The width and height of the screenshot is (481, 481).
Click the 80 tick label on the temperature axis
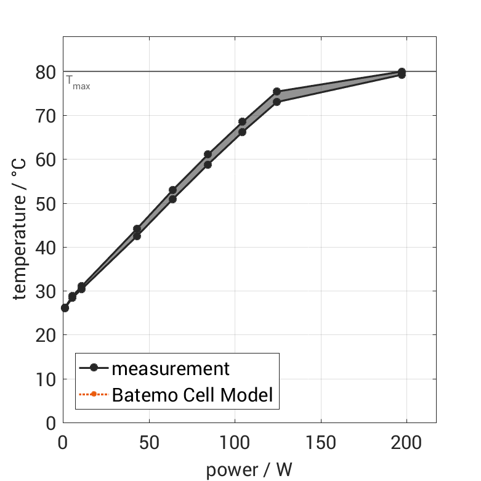tap(46, 72)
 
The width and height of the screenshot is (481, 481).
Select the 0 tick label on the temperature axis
tap(51, 423)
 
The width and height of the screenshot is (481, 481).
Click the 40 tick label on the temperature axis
tap(46, 248)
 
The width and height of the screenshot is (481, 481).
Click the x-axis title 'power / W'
tap(249, 469)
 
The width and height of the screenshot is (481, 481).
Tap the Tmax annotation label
tap(78, 83)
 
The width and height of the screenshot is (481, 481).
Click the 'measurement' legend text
tap(171, 369)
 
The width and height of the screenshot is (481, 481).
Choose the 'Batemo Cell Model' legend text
tap(192, 394)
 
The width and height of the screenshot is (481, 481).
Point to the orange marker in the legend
tap(94, 394)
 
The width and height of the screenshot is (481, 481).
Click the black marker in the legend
tap(94, 368)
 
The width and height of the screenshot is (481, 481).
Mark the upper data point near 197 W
tap(402, 72)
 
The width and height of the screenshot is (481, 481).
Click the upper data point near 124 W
tap(277, 92)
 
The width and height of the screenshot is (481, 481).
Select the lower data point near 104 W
tap(242, 132)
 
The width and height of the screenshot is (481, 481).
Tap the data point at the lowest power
tap(65, 308)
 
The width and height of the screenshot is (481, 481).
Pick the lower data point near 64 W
tap(172, 199)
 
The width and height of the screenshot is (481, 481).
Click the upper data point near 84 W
tap(208, 155)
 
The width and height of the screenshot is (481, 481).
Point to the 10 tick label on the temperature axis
tap(46, 379)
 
